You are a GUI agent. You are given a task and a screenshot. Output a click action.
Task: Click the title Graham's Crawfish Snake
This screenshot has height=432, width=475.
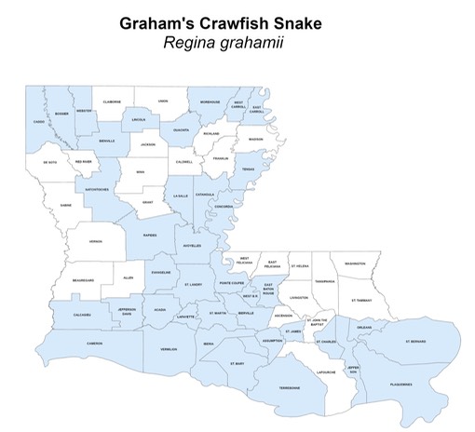[237, 23]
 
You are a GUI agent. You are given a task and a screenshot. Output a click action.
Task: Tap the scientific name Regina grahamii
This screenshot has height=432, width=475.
[237, 43]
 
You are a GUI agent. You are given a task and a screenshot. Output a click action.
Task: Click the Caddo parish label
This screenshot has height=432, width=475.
[38, 122]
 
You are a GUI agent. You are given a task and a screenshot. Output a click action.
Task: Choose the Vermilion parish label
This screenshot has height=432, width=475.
[169, 349]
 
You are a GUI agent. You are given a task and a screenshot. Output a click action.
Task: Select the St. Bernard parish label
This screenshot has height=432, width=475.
[415, 342]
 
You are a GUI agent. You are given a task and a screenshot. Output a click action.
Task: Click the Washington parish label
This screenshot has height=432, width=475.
[355, 263]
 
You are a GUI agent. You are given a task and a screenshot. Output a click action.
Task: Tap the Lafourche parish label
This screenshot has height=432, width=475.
[327, 371]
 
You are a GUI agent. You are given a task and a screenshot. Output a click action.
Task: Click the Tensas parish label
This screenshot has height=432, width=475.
[249, 169]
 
